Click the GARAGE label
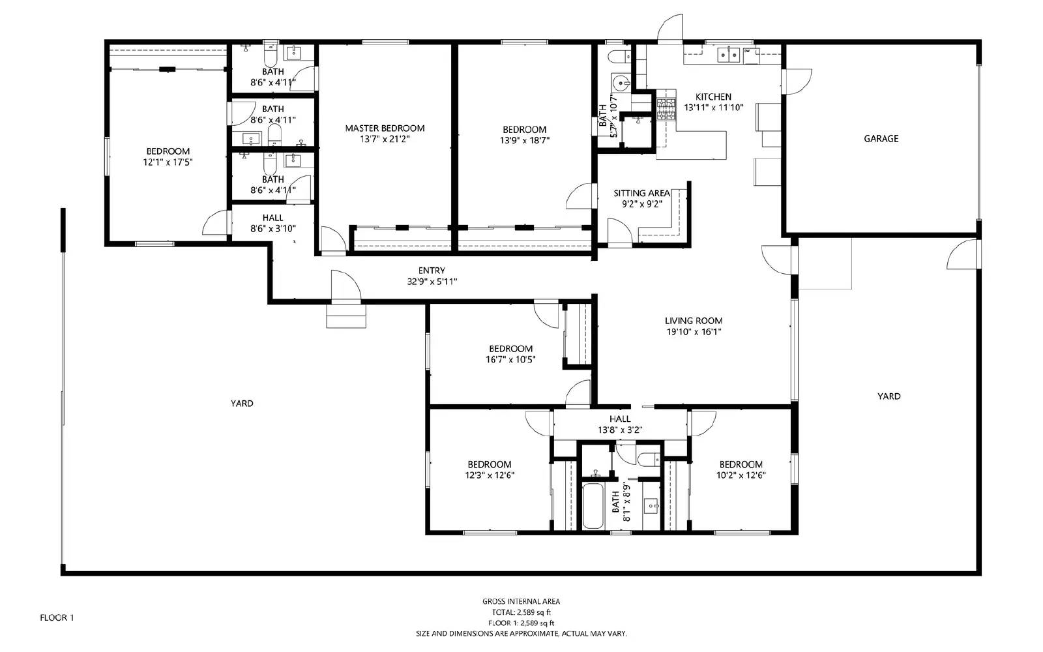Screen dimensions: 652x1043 881,138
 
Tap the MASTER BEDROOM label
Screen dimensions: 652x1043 385,128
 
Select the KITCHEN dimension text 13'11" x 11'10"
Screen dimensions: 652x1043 713,108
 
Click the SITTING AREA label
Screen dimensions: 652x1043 641,193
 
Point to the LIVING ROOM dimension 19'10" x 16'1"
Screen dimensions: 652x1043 693,331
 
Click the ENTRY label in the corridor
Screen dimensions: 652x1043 432,271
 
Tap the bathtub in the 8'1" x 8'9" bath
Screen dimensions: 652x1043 593,506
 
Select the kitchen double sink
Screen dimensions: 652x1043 728,55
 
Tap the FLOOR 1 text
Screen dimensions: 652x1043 57,617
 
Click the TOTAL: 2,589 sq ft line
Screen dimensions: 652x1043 521,612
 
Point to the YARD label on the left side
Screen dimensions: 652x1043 242,404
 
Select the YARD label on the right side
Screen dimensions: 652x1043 889,396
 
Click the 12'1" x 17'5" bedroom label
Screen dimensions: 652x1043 168,151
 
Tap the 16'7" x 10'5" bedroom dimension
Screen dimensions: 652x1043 510,359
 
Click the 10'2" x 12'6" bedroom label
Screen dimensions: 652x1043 741,464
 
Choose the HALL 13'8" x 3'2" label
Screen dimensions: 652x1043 620,419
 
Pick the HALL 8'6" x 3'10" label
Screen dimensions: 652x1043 272,218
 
